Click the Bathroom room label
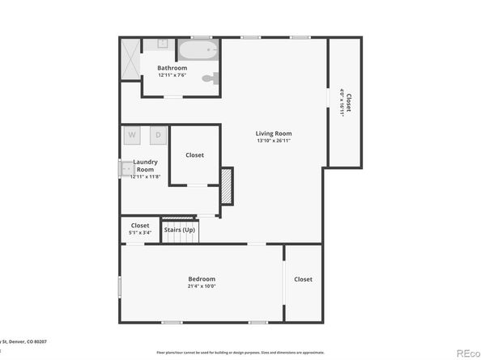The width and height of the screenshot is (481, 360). coord(172,68)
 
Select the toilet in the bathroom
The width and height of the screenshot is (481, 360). coord(211,79)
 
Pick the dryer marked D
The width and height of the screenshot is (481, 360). coord(158,135)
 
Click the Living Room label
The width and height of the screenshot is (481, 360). coord(274,133)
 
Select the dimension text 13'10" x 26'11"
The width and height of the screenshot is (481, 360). coord(274,141)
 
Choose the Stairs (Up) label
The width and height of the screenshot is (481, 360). coord(179,230)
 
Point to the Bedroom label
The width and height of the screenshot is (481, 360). coord(202,279)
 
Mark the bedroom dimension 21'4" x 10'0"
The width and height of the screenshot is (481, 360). coord(202,286)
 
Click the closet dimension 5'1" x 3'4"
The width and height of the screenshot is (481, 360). coord(140,233)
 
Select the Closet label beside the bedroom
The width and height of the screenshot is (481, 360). coord(303,279)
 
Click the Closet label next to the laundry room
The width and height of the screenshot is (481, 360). coord(194,155)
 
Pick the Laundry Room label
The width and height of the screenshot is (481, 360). coord(145,166)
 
